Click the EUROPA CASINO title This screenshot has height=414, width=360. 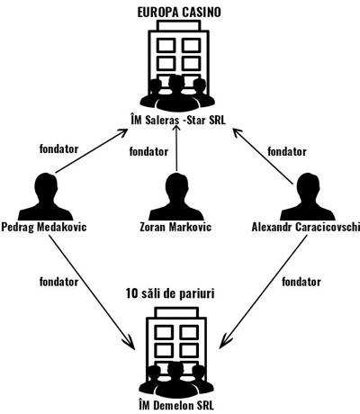pos(179,13)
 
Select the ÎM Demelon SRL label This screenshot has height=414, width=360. pos(176,406)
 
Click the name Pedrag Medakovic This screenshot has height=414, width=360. pos(44,227)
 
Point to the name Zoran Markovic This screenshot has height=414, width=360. pos(175,227)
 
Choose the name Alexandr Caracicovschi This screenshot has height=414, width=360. pos(305,227)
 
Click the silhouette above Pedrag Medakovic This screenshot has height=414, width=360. pos(46,197)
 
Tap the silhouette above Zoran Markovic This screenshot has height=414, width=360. pos(176,197)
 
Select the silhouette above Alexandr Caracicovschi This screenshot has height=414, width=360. pos(308,197)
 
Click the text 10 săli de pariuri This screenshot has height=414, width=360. pos(170,293)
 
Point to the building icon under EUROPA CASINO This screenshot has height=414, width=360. pos(178,66)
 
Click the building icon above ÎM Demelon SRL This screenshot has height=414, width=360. pos(176,352)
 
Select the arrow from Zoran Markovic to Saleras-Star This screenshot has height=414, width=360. pos(176,148)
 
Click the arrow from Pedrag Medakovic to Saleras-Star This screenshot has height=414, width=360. pos(91,151)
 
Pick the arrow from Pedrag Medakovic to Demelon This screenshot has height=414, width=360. pos(92,292)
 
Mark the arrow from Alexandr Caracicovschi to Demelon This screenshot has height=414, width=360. pos(264,292)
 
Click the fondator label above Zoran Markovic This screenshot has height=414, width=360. pos(148,151)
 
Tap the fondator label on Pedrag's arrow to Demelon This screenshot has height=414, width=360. pos(58,282)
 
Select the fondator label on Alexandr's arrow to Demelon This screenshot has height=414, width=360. pos(301,282)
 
